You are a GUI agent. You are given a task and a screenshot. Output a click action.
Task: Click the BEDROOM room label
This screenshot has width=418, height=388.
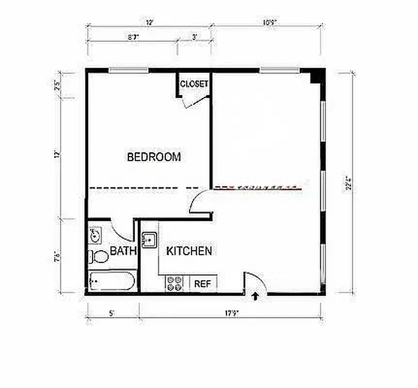click(154, 157)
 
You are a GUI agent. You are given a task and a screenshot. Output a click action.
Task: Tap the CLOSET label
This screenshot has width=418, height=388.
click(194, 84)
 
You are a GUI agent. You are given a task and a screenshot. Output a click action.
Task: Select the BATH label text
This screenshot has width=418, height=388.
click(123, 251)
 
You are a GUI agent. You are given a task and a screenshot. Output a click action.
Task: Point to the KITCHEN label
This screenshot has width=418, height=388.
click(189, 251)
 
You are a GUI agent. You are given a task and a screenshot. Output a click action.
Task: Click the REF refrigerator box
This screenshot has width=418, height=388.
click(203, 284)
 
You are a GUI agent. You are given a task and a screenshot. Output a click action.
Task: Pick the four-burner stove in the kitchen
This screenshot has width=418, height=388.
click(174, 284)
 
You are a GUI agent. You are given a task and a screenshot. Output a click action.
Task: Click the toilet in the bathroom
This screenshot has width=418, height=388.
click(99, 256)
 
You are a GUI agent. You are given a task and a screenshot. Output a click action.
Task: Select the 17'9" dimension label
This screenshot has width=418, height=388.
click(231, 313)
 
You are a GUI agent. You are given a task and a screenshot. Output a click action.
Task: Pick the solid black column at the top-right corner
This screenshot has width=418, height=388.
click(317, 76)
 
